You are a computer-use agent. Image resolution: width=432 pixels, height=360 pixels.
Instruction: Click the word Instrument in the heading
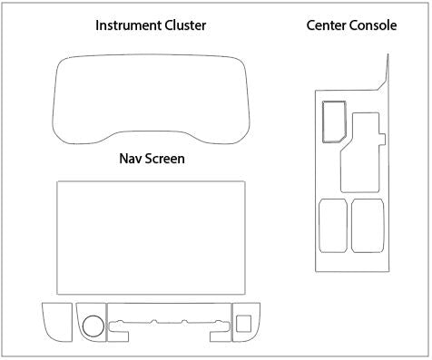(x=125, y=25)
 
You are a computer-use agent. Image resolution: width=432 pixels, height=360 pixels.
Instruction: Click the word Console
(x=376, y=25)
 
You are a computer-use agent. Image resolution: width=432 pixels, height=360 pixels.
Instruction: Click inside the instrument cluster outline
(x=152, y=100)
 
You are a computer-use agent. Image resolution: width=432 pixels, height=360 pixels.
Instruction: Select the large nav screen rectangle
(x=151, y=238)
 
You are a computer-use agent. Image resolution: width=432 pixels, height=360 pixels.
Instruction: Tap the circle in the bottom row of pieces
(x=92, y=325)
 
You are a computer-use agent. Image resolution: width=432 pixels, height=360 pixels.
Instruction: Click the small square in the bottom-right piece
(x=242, y=321)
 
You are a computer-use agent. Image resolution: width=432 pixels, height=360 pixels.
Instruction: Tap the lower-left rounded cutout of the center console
(x=332, y=225)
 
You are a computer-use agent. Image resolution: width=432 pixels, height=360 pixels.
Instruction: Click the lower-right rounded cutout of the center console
(x=367, y=224)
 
